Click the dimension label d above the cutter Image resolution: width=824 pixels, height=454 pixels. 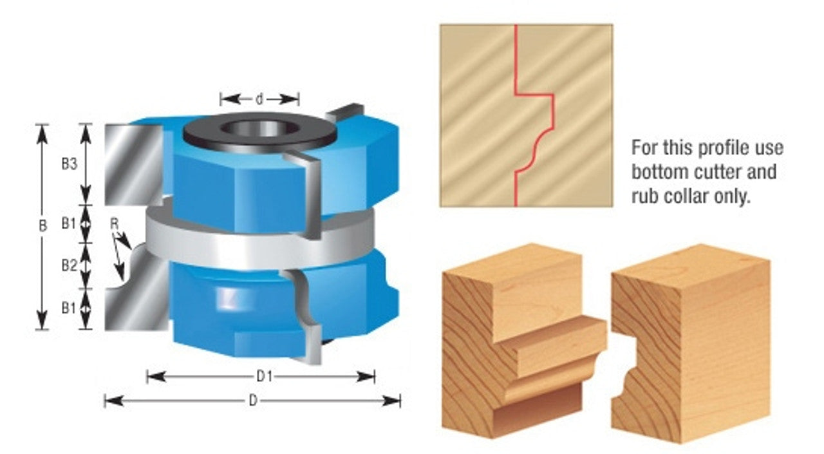coord(259,99)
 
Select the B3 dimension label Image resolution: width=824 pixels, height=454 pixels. coord(69,164)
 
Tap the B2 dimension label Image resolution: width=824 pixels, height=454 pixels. coord(69,265)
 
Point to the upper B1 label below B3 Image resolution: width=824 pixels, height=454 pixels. coord(68,223)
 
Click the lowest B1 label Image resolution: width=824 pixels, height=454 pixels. coord(68,308)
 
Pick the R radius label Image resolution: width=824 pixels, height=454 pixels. coord(115,223)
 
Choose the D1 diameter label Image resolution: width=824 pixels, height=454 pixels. coord(264,376)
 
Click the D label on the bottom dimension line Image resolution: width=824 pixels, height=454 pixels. coord(253,401)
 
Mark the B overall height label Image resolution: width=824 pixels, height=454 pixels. coord(42,226)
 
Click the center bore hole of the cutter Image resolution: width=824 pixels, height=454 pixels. coord(259,129)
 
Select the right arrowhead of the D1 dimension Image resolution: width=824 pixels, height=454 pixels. coord(366,377)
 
